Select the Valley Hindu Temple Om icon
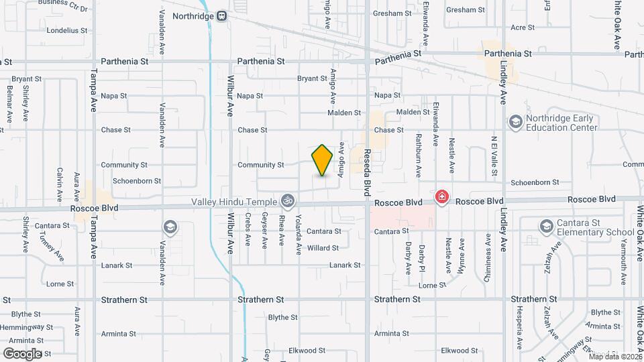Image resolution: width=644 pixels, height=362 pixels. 287,200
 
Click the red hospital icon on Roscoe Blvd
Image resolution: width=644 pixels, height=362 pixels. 441,197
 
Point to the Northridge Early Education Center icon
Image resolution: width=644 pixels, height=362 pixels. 515,121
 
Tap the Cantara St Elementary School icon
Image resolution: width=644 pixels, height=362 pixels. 545,227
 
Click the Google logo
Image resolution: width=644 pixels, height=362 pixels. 22,353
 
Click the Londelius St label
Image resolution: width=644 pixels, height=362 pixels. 67,30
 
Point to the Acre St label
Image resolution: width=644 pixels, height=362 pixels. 522,27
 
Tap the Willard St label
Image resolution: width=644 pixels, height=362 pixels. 323,248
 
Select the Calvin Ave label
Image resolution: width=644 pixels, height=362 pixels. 60,184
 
